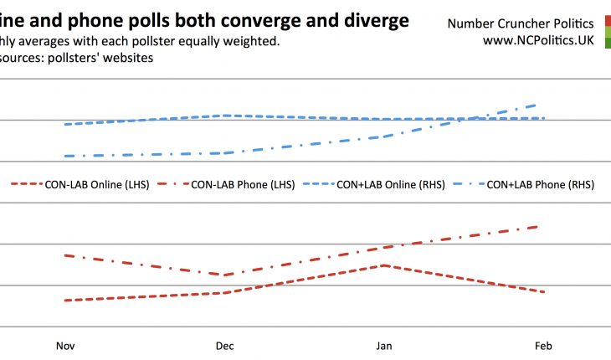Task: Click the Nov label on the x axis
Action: pyautogui.click(x=64, y=346)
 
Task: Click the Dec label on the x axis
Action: pyautogui.click(x=224, y=346)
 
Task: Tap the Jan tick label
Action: pyautogui.click(x=384, y=346)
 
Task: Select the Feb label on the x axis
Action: pyautogui.click(x=544, y=346)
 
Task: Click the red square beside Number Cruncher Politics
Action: pyautogui.click(x=607, y=23)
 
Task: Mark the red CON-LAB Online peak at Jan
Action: pyautogui.click(x=383, y=265)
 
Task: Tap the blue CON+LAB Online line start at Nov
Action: pyautogui.click(x=65, y=124)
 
